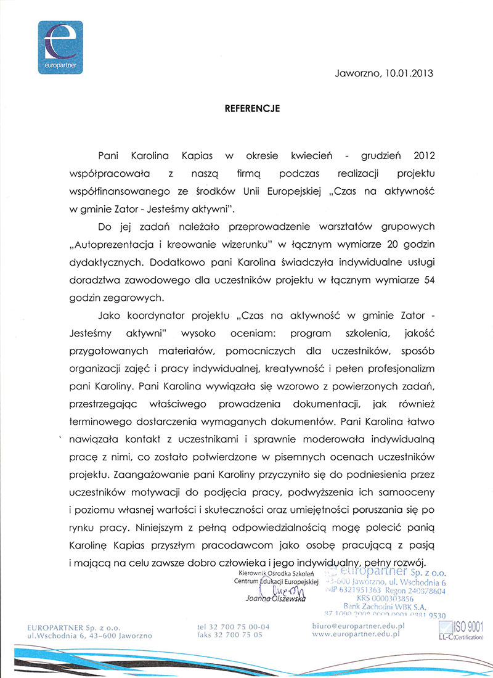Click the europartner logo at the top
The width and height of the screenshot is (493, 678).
60,47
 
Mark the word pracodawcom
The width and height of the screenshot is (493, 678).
239,545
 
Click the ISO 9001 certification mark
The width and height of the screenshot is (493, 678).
462,629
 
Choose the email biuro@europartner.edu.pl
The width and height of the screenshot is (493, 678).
357,625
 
